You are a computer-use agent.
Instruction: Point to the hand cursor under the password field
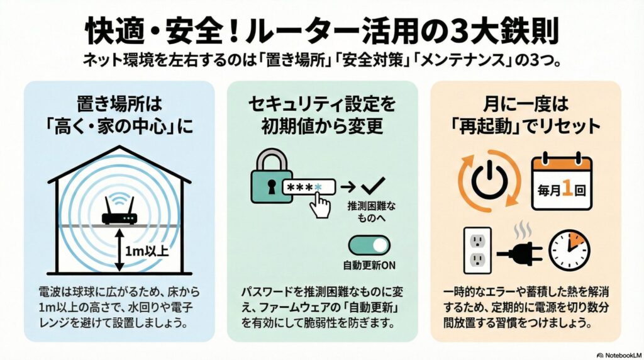pos(321,205)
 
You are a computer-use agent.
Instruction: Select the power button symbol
pos(489,181)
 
